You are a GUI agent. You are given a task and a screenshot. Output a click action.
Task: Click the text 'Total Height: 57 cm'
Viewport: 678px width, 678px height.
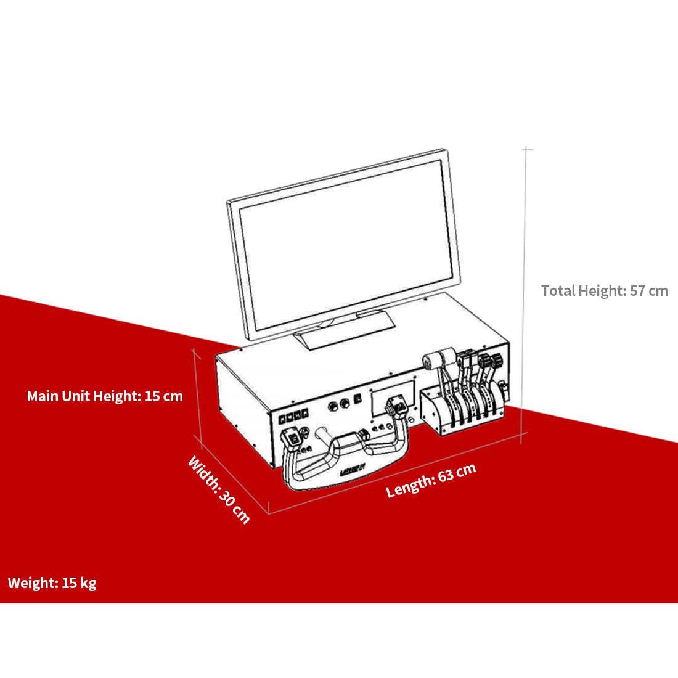tap(604, 291)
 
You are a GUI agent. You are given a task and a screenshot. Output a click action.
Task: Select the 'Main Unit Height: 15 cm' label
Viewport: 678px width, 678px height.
tap(105, 396)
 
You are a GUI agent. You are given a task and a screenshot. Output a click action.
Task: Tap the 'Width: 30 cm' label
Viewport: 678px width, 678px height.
tap(219, 489)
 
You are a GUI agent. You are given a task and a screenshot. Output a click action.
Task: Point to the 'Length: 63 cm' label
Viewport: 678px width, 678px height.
tap(431, 480)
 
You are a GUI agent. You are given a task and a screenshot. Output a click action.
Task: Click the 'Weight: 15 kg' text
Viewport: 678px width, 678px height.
tap(52, 582)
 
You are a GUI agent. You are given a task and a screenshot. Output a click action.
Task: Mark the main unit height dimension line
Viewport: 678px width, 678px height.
tap(197, 394)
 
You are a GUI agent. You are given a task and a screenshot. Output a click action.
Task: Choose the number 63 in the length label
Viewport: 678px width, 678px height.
tap(447, 476)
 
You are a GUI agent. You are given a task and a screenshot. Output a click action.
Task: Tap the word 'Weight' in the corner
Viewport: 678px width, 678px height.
tap(32, 582)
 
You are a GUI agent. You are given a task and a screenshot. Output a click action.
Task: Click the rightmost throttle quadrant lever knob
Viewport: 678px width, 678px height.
tap(491, 362)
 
